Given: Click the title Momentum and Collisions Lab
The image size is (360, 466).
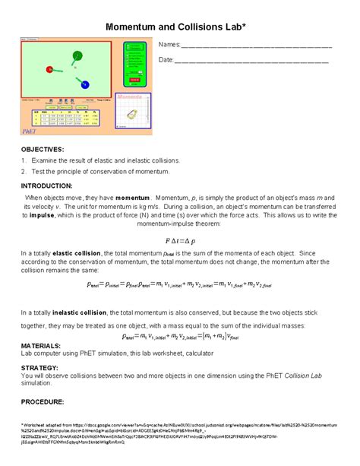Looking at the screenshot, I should pos(180,27).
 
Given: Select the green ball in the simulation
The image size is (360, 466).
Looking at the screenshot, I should pos(77,55).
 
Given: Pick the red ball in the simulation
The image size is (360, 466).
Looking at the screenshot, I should pos(50,70).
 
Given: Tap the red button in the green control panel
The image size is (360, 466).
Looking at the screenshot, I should pos(134,79).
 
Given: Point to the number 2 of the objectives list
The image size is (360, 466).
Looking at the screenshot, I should pos(24,173).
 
